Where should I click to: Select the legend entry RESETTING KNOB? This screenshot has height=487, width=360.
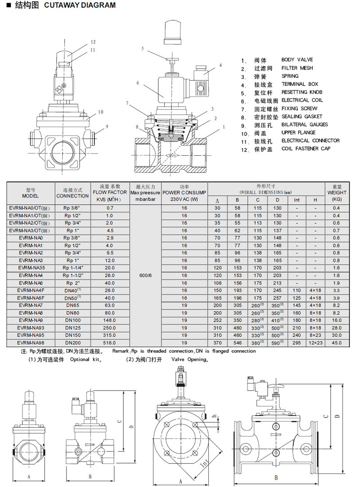302,92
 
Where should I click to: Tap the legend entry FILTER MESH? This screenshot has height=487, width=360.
297,68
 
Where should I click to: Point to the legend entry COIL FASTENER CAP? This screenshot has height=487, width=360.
306,149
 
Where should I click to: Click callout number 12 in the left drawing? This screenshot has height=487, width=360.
93,42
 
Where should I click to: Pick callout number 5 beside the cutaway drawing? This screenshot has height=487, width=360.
142,48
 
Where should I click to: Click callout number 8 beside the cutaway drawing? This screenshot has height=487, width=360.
137,127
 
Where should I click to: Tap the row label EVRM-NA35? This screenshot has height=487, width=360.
31,268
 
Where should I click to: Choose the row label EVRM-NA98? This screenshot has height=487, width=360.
31,342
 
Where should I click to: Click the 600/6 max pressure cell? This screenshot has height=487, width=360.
145,275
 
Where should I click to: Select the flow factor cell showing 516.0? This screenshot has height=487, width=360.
110,342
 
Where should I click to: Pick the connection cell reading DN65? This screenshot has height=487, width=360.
72,305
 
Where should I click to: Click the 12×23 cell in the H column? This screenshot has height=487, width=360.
315,342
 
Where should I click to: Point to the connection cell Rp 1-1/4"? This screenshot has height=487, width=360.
72,268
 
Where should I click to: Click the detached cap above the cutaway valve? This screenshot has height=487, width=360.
172,32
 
